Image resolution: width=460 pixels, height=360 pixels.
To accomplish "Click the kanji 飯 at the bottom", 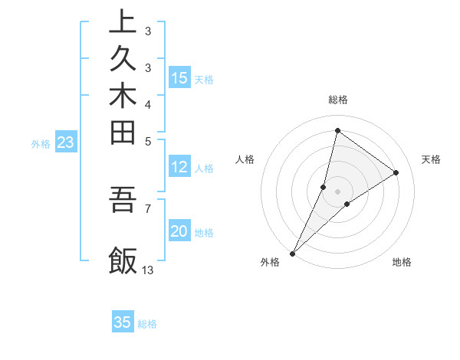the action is tap(123, 260).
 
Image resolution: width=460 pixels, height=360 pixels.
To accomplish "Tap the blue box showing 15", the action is tap(179, 77).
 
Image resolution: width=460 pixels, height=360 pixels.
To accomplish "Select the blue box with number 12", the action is tap(179, 168).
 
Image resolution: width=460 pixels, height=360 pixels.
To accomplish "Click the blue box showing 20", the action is tap(179, 232).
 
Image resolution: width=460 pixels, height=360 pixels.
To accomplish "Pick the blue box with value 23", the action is tap(67, 142).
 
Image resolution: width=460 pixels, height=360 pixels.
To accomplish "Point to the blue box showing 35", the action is tap(123, 322).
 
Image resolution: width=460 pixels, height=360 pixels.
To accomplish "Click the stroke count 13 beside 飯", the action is tap(148, 270).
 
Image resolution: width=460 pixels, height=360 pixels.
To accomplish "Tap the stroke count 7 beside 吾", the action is tap(147, 208).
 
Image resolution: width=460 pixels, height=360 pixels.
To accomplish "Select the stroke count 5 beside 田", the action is tap(147, 140).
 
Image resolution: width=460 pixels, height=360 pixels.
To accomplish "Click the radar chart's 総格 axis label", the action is tap(338, 100).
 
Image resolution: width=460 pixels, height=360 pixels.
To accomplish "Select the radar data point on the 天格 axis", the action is tap(396, 173).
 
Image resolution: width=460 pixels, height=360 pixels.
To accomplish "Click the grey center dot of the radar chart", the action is tap(338, 191).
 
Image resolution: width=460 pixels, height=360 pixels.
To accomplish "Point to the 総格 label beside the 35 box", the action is tap(147, 324).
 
